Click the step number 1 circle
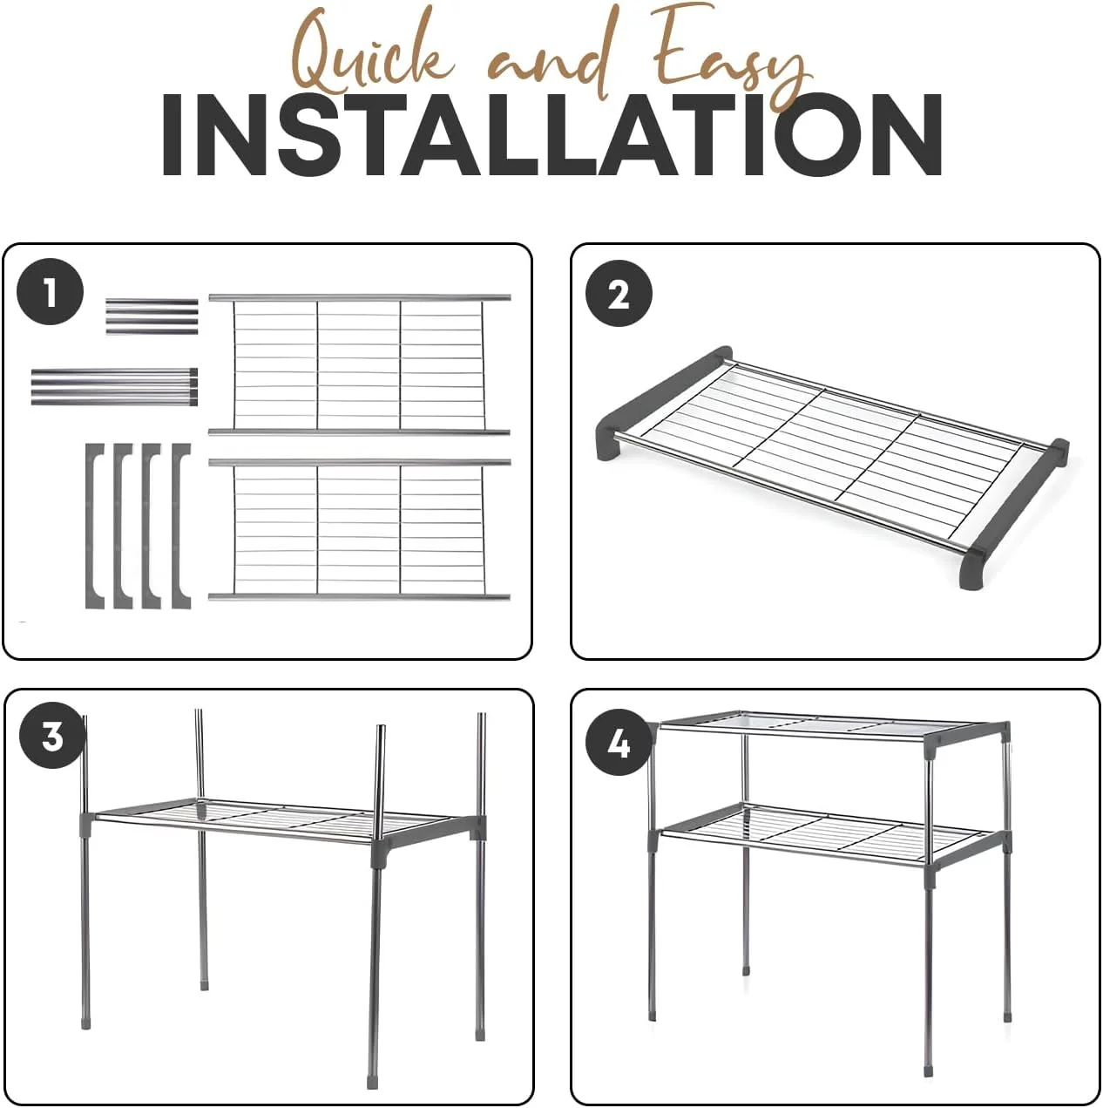[50, 291]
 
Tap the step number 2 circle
[619, 293]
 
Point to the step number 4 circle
[619, 744]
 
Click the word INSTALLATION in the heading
[551, 134]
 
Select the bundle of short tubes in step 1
[152, 316]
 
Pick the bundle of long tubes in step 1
[114, 386]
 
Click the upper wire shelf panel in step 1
[359, 364]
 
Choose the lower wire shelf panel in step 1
[359, 529]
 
